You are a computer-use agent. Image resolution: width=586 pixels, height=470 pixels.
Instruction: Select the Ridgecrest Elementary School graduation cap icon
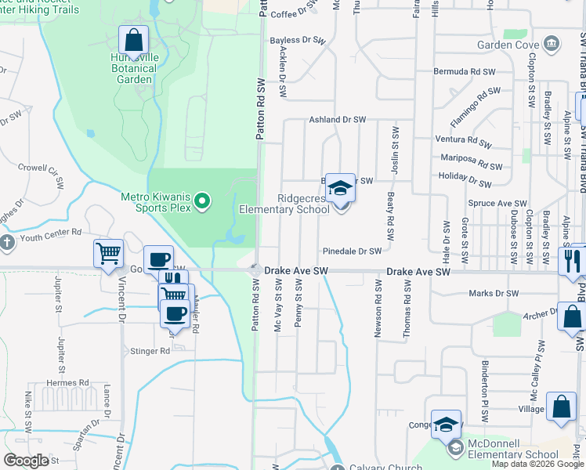[340, 189]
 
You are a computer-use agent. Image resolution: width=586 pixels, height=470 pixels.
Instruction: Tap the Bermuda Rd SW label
[465, 71]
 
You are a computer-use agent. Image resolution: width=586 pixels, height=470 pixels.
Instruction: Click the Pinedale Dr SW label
[352, 251]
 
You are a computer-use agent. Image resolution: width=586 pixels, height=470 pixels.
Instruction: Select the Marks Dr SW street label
[494, 294]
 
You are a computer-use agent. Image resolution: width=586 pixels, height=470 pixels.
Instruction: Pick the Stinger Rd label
[154, 352]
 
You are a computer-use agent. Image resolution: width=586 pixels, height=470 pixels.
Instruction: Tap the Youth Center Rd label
[52, 232]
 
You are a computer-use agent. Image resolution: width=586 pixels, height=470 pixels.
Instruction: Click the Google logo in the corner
[26, 461]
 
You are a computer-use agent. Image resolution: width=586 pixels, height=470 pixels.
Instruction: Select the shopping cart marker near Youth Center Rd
[108, 254]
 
